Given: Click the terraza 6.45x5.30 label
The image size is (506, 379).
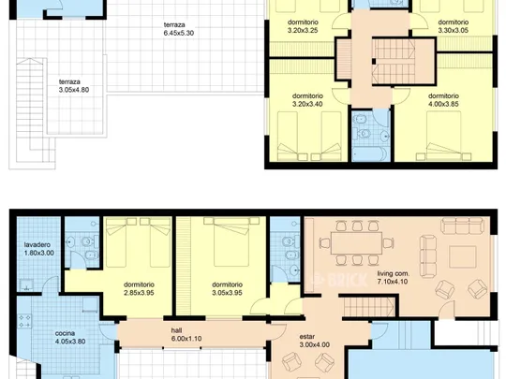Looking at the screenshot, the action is coord(178,29).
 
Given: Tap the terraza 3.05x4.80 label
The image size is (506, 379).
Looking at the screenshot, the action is coord(74,86).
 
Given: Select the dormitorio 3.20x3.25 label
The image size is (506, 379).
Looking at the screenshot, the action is coord(303,26).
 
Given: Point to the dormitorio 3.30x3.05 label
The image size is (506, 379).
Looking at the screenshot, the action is coord(454,26).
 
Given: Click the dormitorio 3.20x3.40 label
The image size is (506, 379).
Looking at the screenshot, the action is coord(307,100).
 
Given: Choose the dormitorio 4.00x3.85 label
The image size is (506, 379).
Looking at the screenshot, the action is coord(443,100).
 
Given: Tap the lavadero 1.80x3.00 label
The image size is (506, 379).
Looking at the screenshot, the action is coord(39,249).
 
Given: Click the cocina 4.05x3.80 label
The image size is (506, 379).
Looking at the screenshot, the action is coord(70,338).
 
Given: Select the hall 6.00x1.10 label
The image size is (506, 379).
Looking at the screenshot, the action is coord(186,334).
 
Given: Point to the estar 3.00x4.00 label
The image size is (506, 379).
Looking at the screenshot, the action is coord(314,341).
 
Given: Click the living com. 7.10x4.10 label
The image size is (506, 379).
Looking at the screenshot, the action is coord(393,278).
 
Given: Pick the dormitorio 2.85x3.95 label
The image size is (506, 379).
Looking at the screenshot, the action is coord(139,289).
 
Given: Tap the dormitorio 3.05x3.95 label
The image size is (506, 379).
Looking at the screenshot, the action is coord(227,289).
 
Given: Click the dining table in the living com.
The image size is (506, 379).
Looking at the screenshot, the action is coord(357,243).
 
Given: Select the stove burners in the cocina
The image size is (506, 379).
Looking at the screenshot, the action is coord(24,321).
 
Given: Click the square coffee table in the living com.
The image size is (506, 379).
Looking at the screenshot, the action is coord(463,256).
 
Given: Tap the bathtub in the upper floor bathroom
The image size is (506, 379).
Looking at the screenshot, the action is coord(370,154).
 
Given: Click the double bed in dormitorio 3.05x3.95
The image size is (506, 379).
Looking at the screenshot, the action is coord(231,241).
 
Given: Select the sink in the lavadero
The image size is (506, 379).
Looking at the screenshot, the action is coord(26,284).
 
